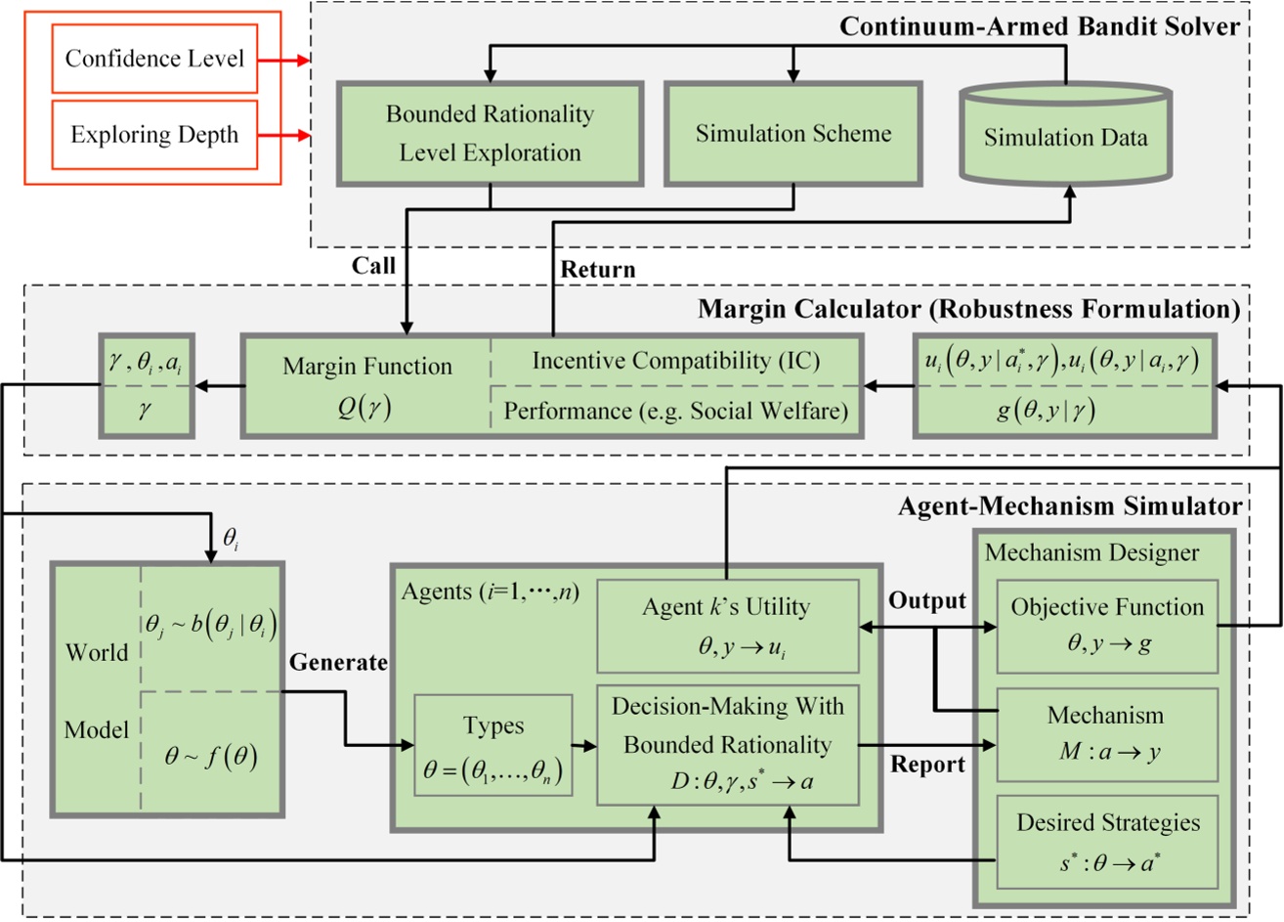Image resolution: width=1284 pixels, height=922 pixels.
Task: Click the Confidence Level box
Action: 154,59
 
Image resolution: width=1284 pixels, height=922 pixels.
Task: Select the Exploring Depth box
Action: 154,134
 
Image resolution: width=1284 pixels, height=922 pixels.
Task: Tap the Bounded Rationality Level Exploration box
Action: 490,133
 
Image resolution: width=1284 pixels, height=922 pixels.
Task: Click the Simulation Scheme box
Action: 792,133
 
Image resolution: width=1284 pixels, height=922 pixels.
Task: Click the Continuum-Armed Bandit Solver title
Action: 1039,26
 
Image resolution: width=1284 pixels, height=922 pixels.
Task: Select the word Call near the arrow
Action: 373,266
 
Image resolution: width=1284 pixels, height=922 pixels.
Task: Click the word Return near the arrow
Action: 597,269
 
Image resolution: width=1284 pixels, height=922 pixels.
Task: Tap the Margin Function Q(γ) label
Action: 366,385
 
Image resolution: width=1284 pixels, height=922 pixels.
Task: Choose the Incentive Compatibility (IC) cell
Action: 675,361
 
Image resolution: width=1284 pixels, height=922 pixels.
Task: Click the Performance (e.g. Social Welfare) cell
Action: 675,412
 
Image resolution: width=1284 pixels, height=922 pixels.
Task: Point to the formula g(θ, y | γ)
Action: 1046,411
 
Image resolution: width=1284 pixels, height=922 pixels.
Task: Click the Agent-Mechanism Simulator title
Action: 1069,505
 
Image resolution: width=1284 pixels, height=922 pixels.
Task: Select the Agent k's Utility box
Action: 726,626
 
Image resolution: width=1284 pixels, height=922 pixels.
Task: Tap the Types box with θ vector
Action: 493,745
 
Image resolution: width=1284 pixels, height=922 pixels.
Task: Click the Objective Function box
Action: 1106,626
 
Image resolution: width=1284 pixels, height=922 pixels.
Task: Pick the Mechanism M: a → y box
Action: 1106,734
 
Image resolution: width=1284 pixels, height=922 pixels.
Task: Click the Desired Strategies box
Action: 1106,842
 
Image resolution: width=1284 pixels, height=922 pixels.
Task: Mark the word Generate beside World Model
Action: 338,663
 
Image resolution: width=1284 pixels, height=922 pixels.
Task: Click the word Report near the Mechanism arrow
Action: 927,765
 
